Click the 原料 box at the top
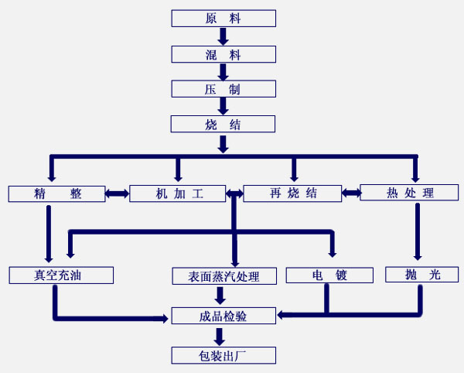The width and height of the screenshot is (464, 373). coord(223,19)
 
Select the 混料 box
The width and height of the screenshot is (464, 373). coord(223,54)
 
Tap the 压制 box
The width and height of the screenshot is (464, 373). coord(223,89)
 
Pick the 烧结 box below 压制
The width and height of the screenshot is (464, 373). coord(223,124)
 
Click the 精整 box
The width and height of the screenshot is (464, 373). coord(56,193)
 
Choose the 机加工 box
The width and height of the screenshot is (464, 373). coord(177,193)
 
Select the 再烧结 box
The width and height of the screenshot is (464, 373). coord(292,193)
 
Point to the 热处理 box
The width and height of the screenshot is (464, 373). coord(409,193)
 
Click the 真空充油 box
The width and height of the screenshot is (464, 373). coord(61,275)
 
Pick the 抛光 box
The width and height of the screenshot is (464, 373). coord(421,275)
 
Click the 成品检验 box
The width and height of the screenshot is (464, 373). coord(223,315)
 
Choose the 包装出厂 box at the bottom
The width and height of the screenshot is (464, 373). coord(223,355)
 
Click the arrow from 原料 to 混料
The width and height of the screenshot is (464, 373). coord(223,36)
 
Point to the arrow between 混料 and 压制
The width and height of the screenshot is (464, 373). coord(223,72)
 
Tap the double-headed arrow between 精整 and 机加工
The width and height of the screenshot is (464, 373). coord(118,193)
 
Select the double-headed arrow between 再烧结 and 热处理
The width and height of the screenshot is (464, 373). coord(351,193)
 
